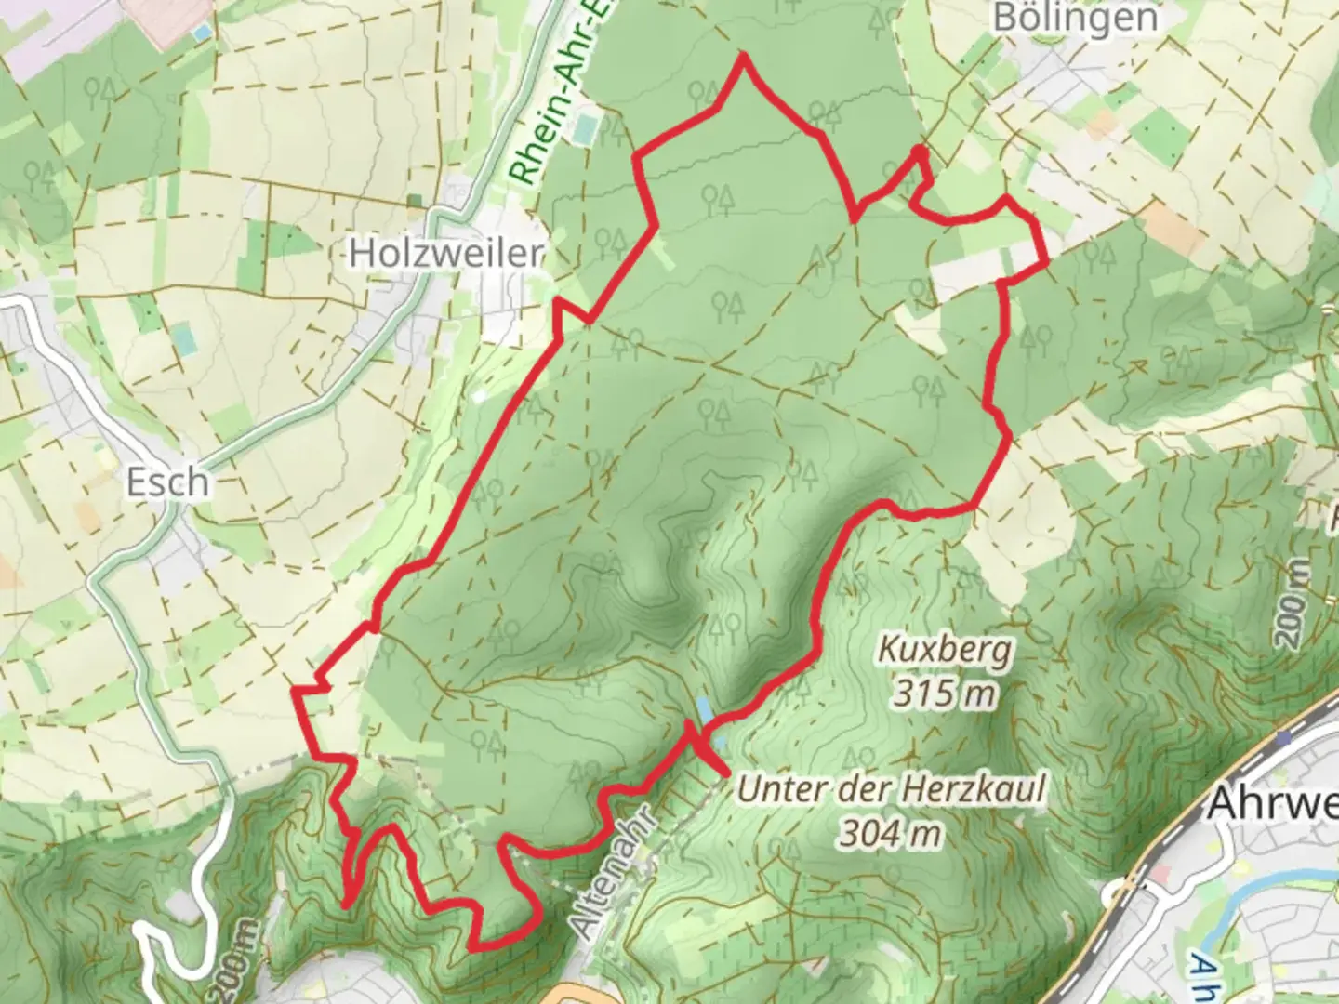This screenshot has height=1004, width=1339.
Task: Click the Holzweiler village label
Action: pyautogui.click(x=445, y=253)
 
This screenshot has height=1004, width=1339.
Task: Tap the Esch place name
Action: pyautogui.click(x=167, y=482)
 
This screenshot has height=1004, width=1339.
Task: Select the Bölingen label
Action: pyautogui.click(x=1075, y=18)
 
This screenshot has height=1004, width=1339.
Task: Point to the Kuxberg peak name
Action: pyautogui.click(x=945, y=650)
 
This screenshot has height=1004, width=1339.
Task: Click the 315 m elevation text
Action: pyautogui.click(x=945, y=693)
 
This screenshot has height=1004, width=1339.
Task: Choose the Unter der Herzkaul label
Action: pyautogui.click(x=891, y=790)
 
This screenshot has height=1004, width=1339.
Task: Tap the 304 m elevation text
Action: pyautogui.click(x=891, y=833)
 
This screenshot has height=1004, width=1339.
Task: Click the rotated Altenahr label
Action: pyautogui.click(x=611, y=874)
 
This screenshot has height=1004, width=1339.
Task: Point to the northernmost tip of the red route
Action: pyautogui.click(x=744, y=57)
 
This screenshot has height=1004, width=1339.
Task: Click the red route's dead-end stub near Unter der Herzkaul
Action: pyautogui.click(x=724, y=770)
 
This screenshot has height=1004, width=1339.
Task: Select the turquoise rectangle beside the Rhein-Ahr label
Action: pyautogui.click(x=584, y=129)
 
